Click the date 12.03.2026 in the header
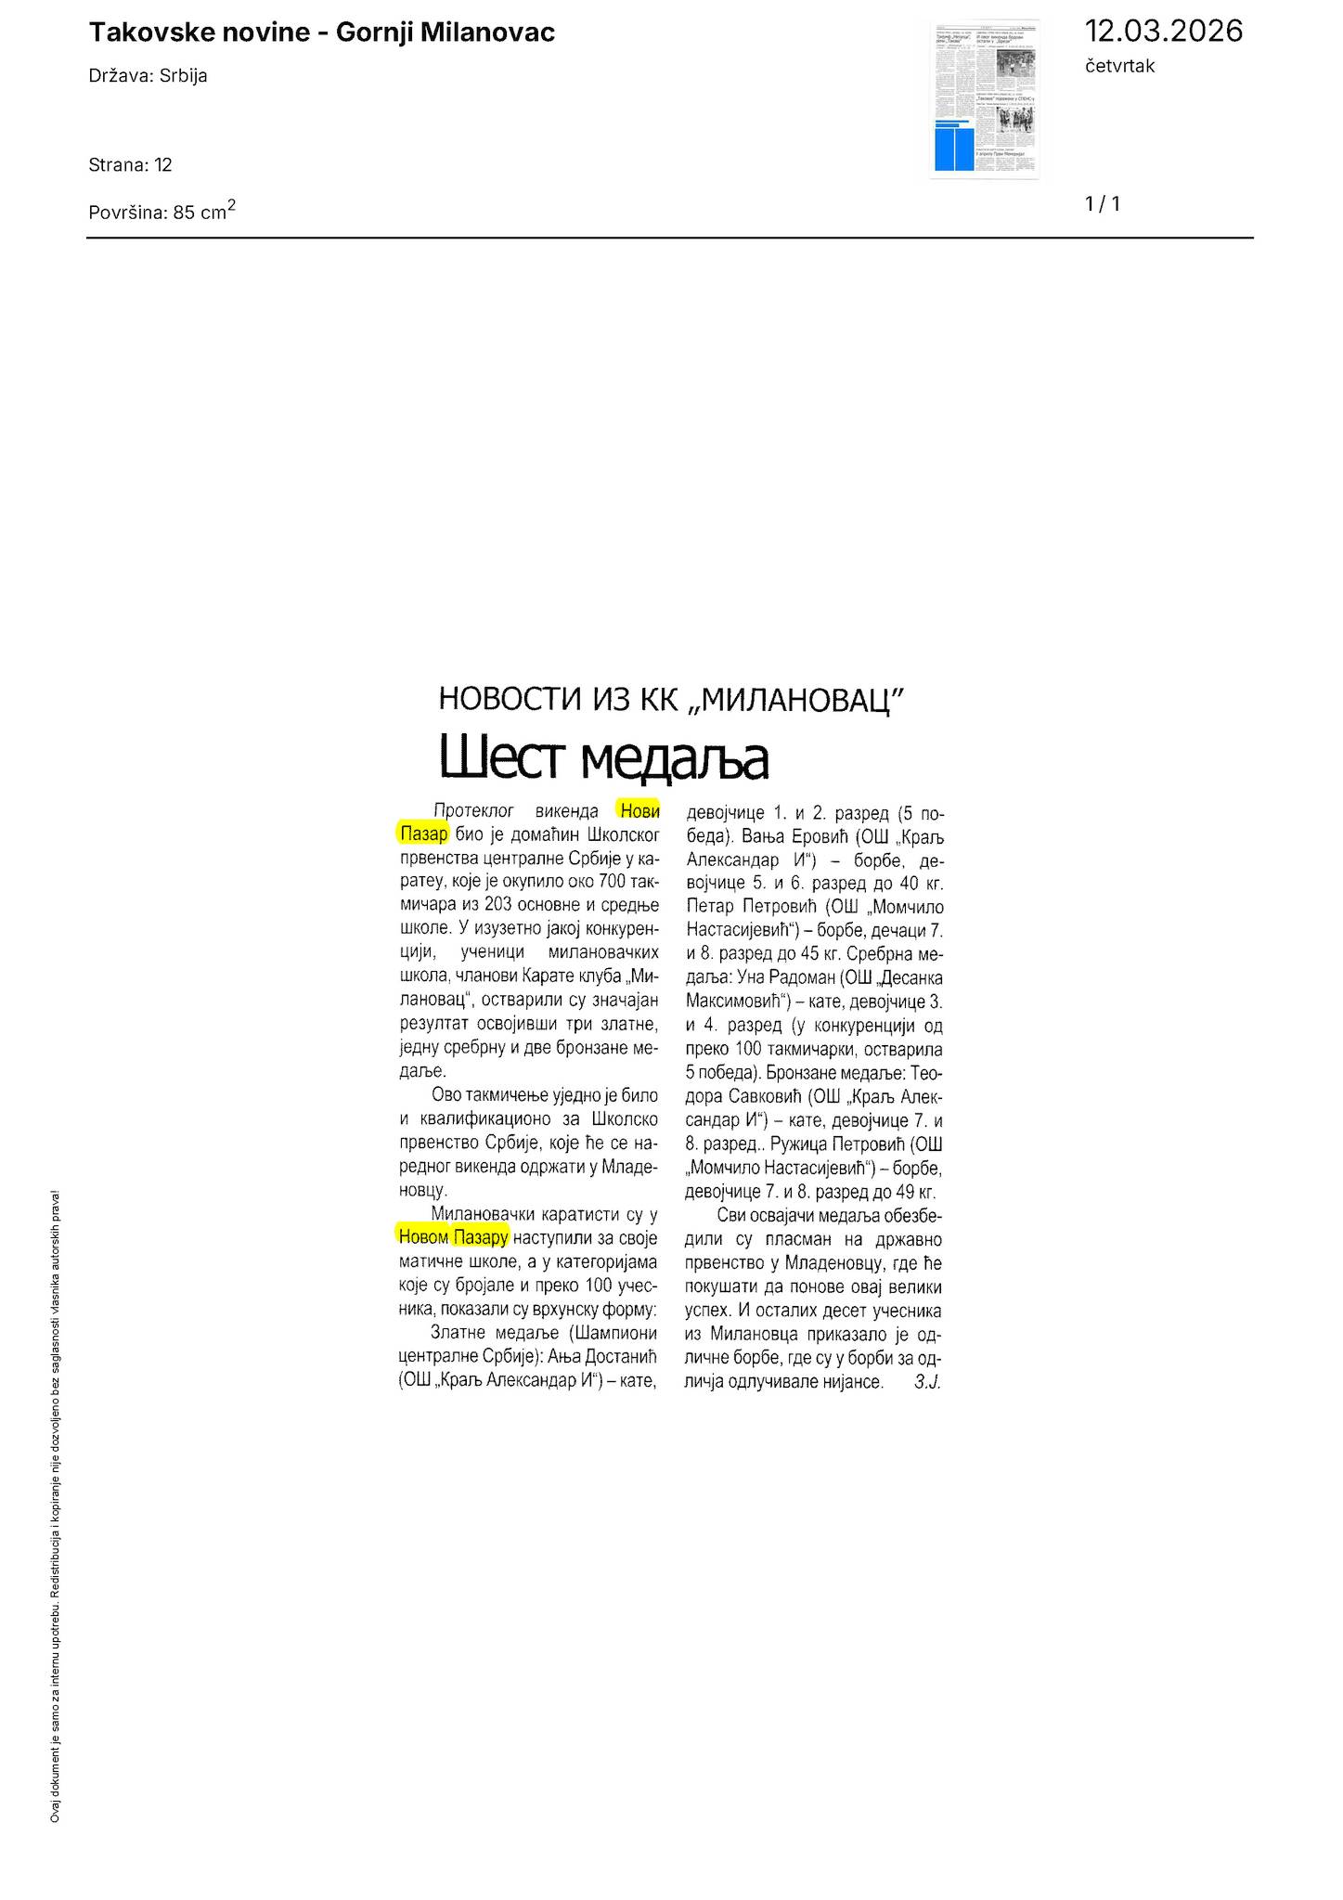pyautogui.click(x=1163, y=31)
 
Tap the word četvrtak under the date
pyautogui.click(x=1119, y=66)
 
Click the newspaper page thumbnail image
pyautogui.click(x=985, y=99)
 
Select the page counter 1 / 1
pyautogui.click(x=1103, y=204)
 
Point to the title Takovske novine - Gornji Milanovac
pyautogui.click(x=321, y=33)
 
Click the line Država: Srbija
pyautogui.click(x=148, y=76)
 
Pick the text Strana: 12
pyautogui.click(x=130, y=165)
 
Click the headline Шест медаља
pyautogui.click(x=603, y=758)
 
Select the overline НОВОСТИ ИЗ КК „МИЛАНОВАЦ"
pyautogui.click(x=671, y=698)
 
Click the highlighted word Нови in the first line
pyautogui.click(x=639, y=811)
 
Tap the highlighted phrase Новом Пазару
pyautogui.click(x=453, y=1236)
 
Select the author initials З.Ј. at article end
pyautogui.click(x=927, y=1382)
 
